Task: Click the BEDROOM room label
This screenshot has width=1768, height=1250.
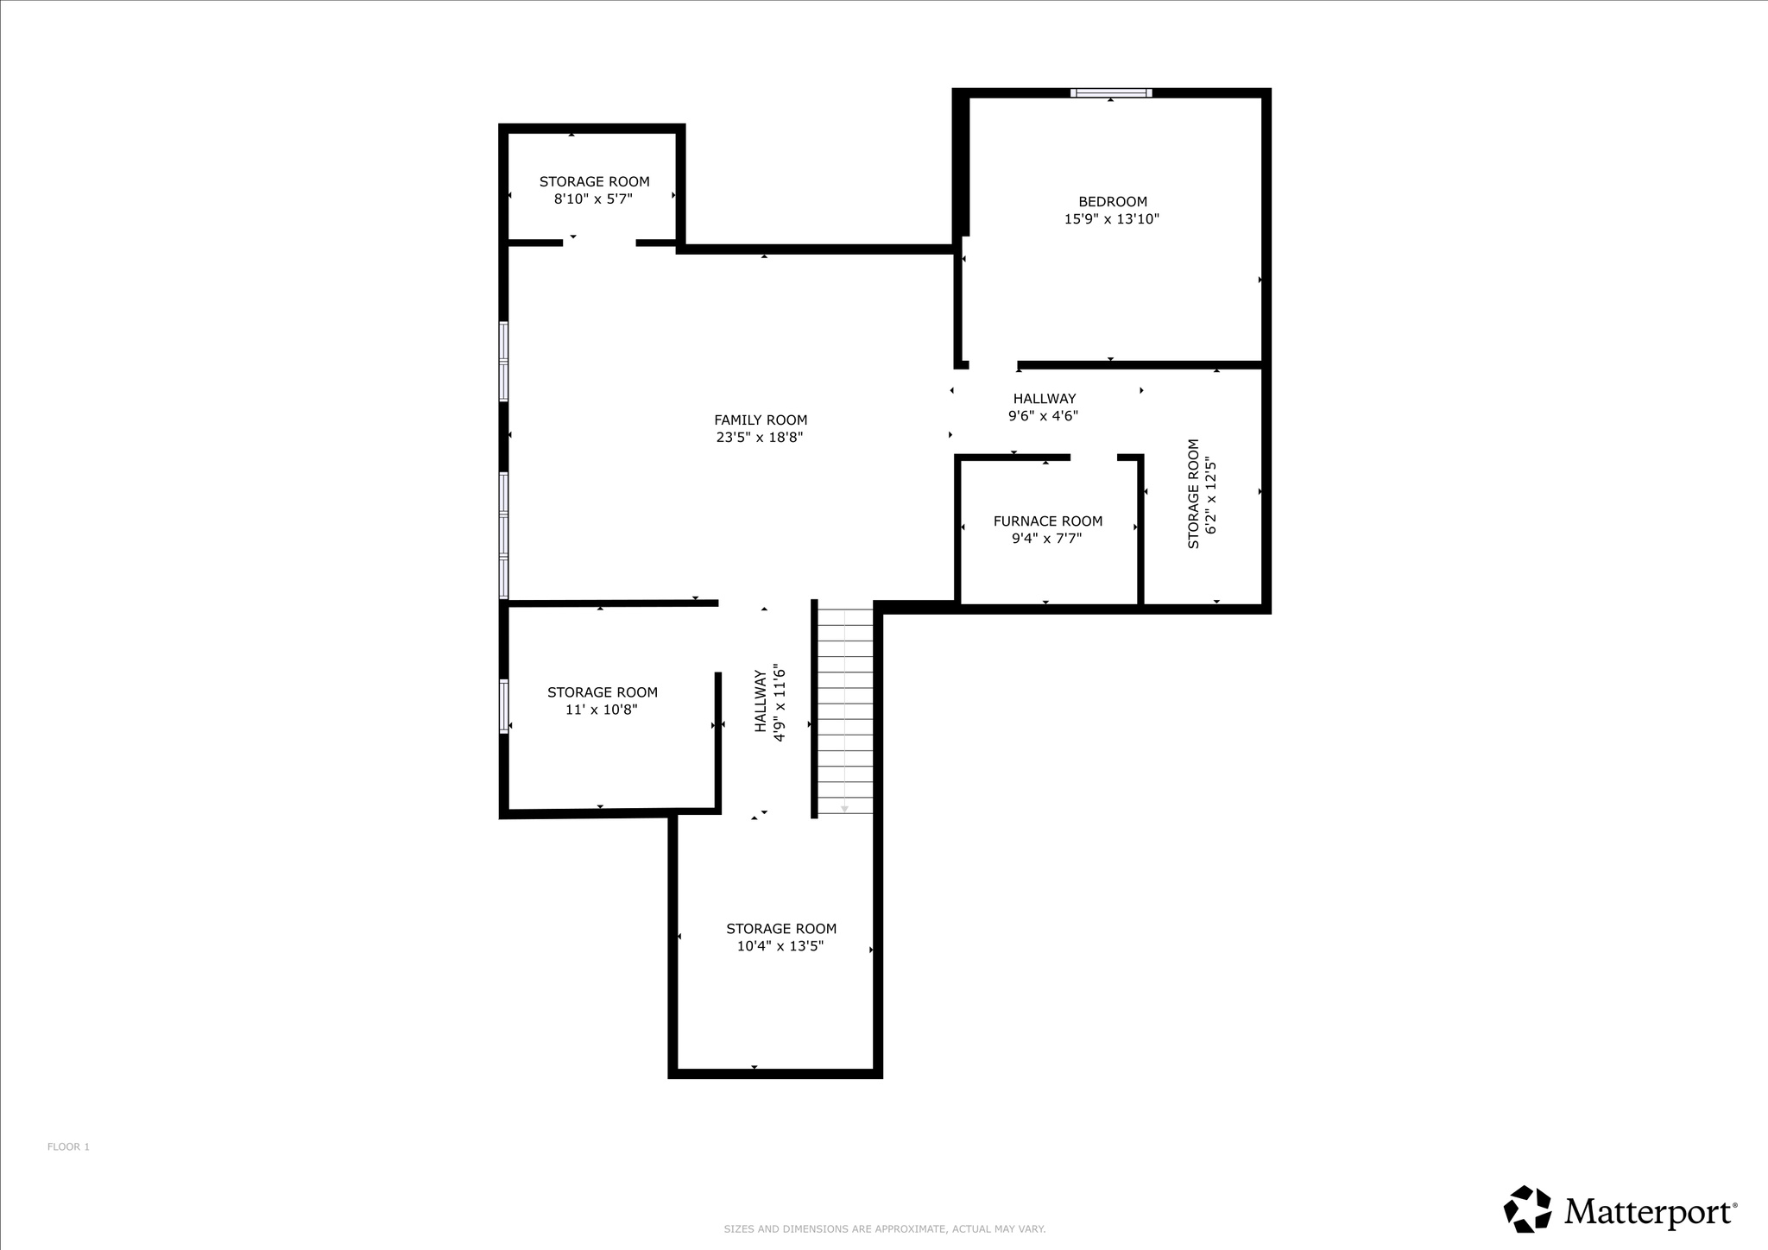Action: point(1112,202)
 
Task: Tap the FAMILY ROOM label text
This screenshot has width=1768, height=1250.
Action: point(761,420)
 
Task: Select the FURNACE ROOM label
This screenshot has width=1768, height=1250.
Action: point(1047,521)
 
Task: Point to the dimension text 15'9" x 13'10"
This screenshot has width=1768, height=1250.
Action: point(1111,219)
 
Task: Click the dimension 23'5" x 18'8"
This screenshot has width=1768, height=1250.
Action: point(760,438)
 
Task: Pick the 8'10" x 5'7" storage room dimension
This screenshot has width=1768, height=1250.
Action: point(593,199)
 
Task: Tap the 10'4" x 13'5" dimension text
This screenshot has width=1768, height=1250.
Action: point(780,946)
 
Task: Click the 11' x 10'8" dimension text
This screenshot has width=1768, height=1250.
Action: point(602,710)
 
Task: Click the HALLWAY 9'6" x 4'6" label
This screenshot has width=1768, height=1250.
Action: point(1044,407)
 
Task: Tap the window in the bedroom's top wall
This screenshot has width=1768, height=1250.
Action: point(1111,93)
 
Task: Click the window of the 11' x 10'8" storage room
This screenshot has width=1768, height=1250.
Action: point(504,706)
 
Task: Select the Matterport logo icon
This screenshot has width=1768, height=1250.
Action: point(1527,1209)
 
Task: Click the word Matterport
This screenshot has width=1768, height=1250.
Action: point(1649,1211)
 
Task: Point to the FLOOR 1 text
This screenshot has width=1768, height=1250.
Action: point(68,1147)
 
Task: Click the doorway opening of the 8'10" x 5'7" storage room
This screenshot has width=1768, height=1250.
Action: point(599,243)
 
